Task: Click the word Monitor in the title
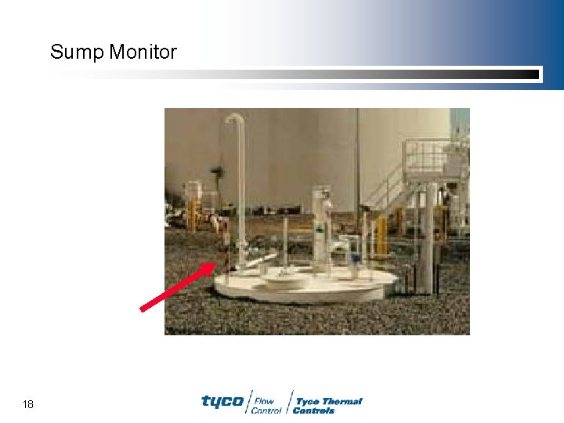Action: click(143, 52)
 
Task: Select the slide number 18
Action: click(28, 404)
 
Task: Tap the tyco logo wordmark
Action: click(222, 401)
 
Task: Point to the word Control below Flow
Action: click(266, 410)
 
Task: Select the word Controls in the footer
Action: click(313, 410)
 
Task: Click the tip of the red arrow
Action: click(215, 264)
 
